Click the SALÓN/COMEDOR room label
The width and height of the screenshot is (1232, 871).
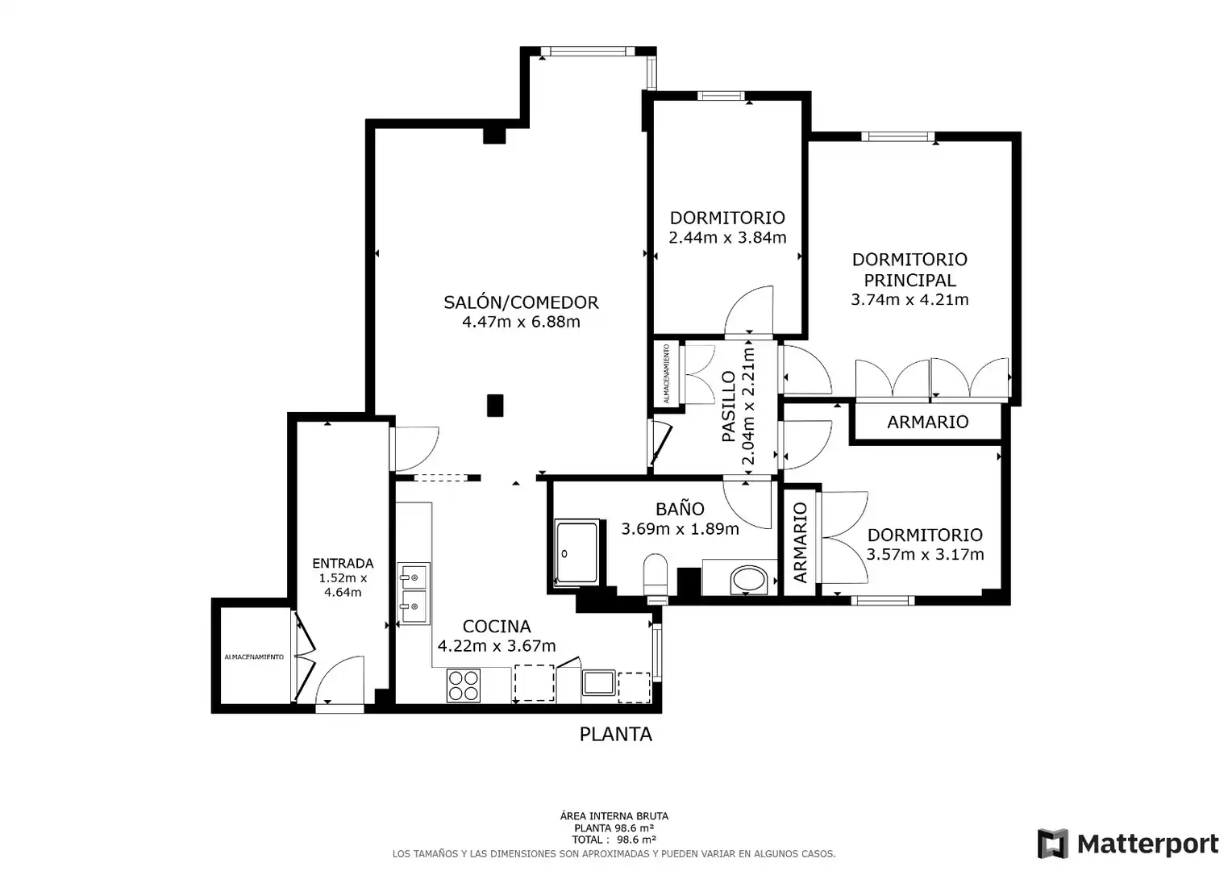tap(521, 302)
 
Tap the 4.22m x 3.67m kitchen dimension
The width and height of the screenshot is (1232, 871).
tap(496, 645)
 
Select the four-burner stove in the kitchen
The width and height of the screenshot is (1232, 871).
tap(463, 686)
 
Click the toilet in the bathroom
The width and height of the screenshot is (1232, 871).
tap(655, 577)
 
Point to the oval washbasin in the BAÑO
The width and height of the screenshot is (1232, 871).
tap(748, 580)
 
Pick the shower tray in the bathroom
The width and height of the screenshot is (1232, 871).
tap(576, 552)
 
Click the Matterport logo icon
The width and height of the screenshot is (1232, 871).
tap(1053, 844)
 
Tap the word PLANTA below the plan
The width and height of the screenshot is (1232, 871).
tap(615, 734)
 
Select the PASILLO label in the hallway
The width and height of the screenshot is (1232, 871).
tap(728, 406)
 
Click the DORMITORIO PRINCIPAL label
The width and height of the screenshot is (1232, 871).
tap(909, 269)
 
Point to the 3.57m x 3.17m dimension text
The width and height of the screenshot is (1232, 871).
tap(925, 554)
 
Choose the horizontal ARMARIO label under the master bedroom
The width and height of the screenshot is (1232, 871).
tap(927, 422)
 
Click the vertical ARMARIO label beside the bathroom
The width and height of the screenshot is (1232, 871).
tap(801, 542)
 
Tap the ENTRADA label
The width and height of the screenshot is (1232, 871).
tap(343, 563)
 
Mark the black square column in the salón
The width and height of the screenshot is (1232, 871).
tap(495, 406)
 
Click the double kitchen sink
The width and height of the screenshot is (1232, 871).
tap(414, 594)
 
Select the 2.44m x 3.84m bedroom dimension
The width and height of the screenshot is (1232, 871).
tap(727, 238)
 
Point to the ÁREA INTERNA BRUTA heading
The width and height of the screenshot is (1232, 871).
tap(614, 816)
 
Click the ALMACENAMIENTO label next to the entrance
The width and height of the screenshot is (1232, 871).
tap(254, 657)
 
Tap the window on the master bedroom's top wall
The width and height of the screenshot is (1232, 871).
tap(897, 136)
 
